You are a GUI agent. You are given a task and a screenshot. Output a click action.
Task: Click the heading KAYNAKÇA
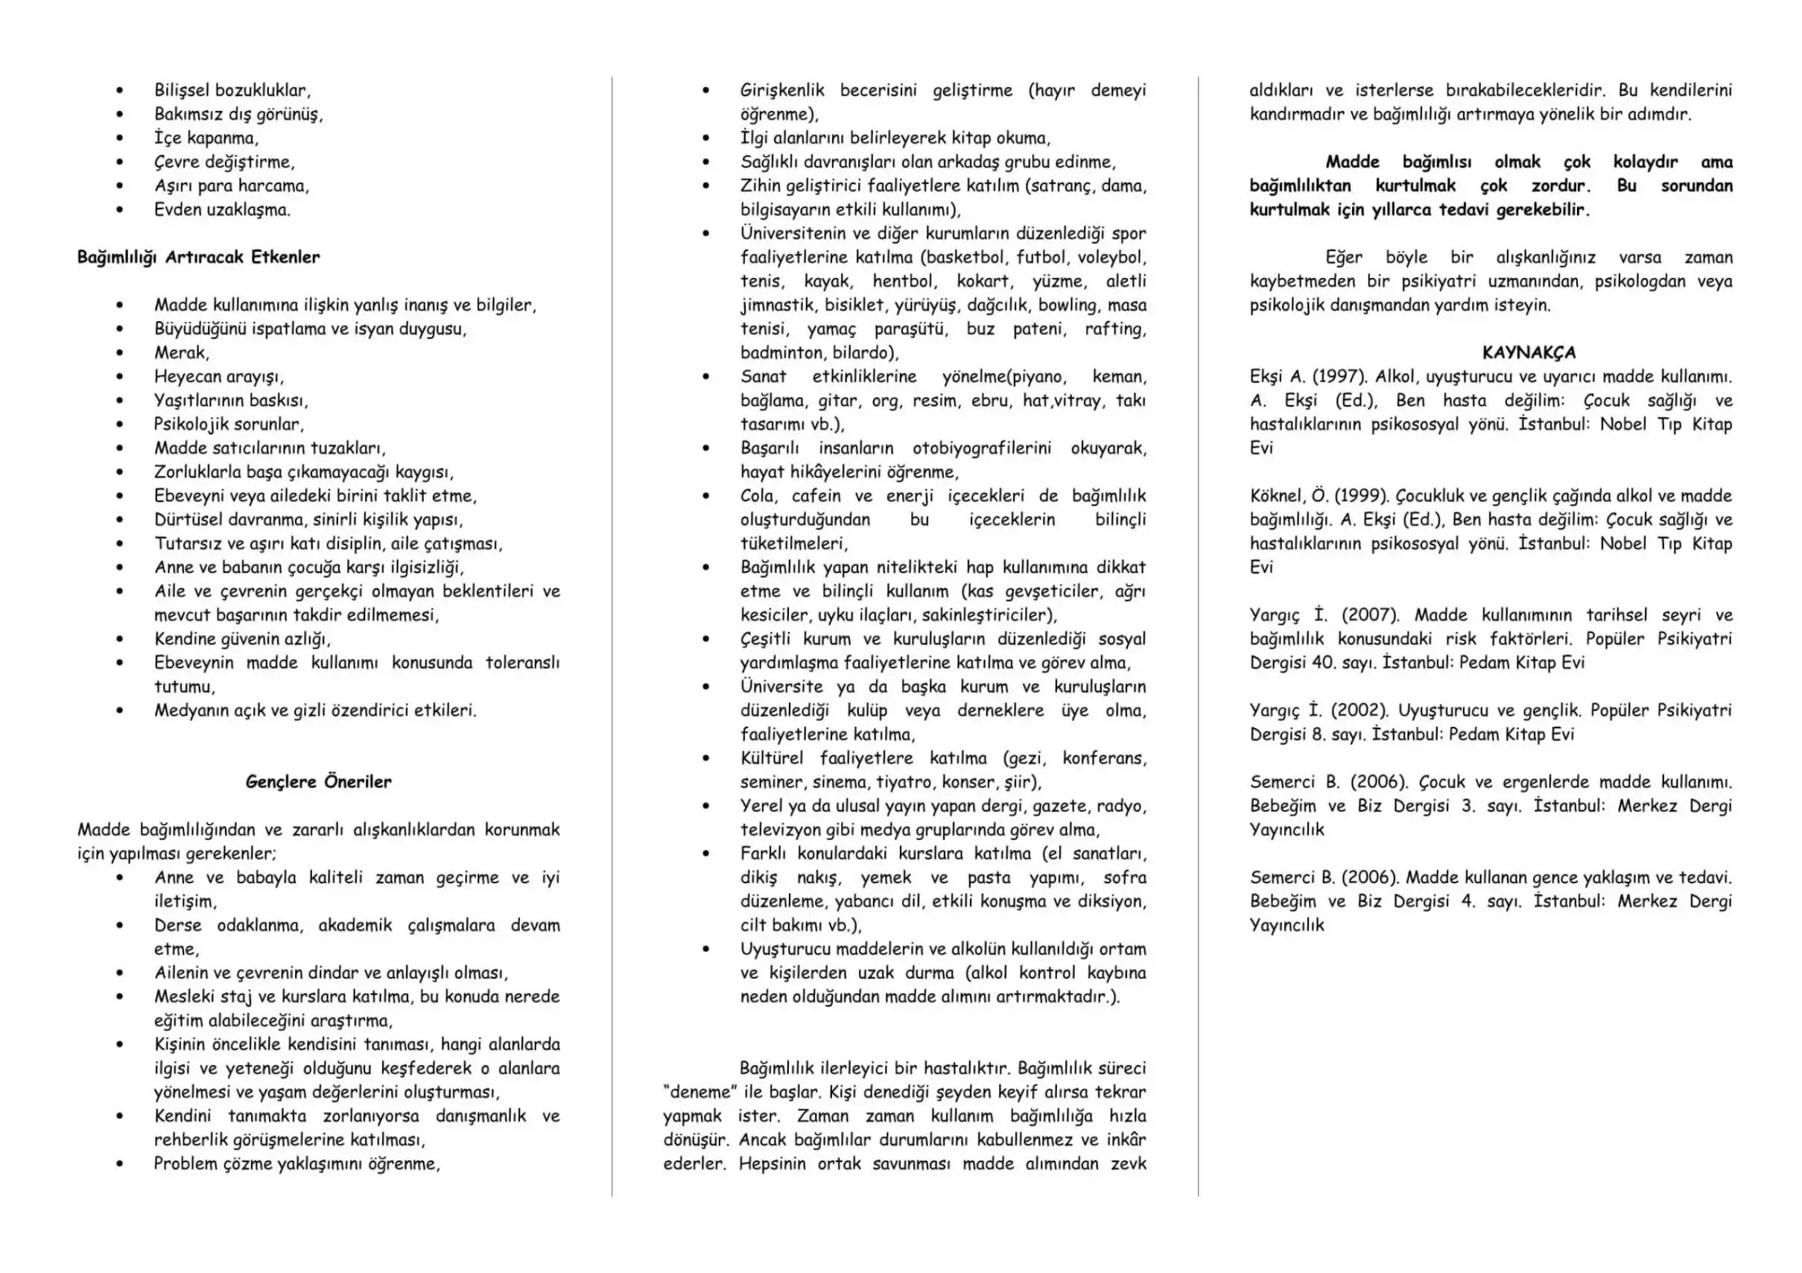click(x=1529, y=352)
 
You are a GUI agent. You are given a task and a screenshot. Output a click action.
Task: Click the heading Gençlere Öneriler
click(x=318, y=781)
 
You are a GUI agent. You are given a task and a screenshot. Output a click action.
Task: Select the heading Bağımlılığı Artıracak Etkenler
click(x=199, y=258)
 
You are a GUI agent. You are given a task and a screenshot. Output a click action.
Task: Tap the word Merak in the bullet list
click(x=180, y=352)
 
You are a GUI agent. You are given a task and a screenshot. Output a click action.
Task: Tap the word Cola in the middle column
click(x=758, y=496)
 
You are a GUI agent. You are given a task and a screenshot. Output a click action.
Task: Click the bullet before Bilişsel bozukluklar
click(x=120, y=91)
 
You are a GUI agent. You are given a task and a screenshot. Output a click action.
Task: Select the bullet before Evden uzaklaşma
click(x=120, y=210)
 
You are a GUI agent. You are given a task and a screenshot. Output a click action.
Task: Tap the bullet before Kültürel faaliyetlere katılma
click(x=706, y=759)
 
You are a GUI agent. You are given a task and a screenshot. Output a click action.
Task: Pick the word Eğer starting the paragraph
click(x=1344, y=258)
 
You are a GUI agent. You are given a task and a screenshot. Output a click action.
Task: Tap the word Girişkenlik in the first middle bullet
click(x=781, y=91)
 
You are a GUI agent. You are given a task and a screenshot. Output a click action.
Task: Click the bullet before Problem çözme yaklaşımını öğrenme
click(x=120, y=1164)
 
